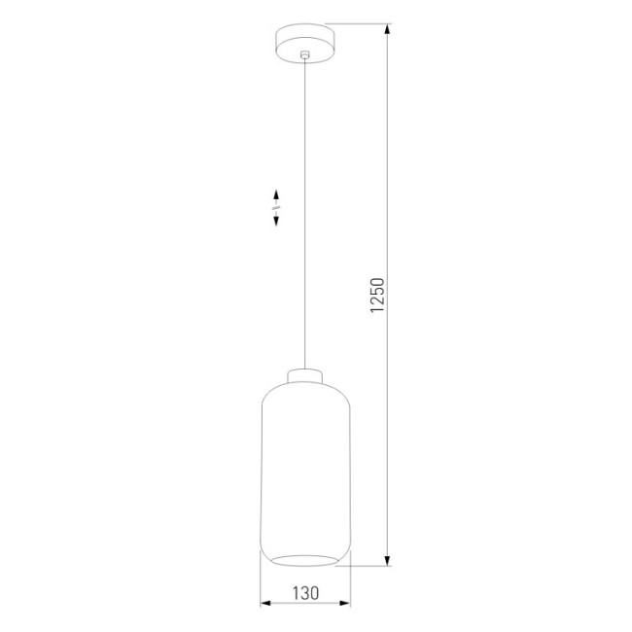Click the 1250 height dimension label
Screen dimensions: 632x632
point(379,297)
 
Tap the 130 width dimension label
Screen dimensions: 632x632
point(306,590)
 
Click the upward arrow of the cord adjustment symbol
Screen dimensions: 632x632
point(277,193)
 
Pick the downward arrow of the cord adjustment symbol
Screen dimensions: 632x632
point(277,221)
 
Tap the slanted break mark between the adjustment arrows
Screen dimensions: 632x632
point(277,207)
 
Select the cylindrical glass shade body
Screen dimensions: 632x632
point(306,467)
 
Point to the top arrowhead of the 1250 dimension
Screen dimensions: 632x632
point(389,29)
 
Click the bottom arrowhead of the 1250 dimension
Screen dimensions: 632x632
point(389,561)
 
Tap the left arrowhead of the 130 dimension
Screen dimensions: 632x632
point(264,604)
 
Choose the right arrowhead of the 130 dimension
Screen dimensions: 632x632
point(347,604)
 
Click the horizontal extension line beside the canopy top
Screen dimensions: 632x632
point(360,23)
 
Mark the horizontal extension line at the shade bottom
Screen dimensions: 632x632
point(369,567)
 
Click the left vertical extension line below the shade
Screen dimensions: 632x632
point(261,583)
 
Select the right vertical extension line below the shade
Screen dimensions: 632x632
point(351,583)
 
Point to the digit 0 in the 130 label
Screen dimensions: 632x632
point(318,590)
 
